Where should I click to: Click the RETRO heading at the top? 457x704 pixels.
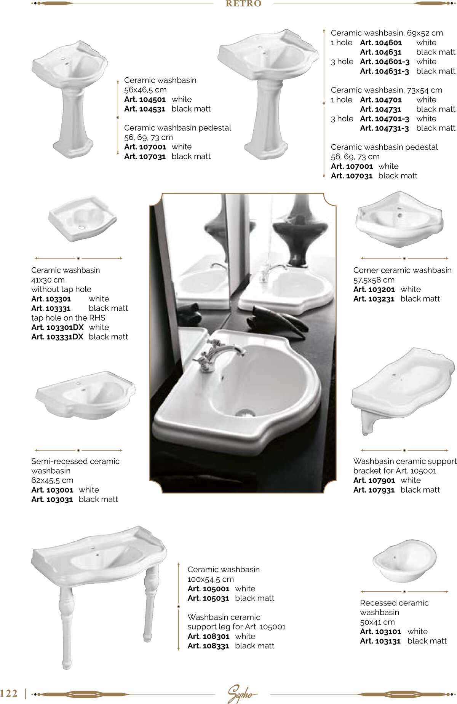click(x=243, y=4)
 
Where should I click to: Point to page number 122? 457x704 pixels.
click(x=9, y=693)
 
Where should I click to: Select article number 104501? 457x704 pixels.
click(x=145, y=99)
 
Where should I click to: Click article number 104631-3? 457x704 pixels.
click(x=384, y=71)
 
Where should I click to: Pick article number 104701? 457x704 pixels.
click(x=380, y=100)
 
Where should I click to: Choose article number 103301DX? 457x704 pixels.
click(x=57, y=327)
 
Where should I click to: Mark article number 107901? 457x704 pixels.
click(x=374, y=481)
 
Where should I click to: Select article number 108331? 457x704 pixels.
click(x=208, y=646)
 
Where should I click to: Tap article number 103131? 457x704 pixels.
click(x=380, y=641)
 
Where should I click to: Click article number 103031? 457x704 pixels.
click(x=52, y=500)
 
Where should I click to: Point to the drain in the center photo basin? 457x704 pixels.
click(x=244, y=412)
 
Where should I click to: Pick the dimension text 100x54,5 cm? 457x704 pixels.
click(x=211, y=579)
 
